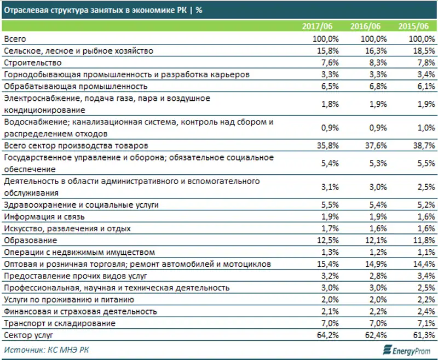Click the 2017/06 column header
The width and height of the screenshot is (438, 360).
[x=321, y=27]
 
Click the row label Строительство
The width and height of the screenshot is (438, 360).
[x=32, y=62]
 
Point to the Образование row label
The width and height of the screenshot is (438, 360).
[x=30, y=240]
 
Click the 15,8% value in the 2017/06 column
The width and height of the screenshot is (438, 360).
[x=327, y=50]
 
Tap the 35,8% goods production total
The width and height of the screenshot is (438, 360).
[x=327, y=146]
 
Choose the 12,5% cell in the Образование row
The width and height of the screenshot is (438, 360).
[x=327, y=240]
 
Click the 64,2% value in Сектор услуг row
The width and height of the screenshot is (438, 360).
[x=327, y=335]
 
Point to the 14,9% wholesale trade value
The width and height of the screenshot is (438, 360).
[x=375, y=264]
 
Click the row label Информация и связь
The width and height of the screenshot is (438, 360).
[x=47, y=216]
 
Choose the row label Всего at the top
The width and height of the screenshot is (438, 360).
[x=15, y=39]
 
